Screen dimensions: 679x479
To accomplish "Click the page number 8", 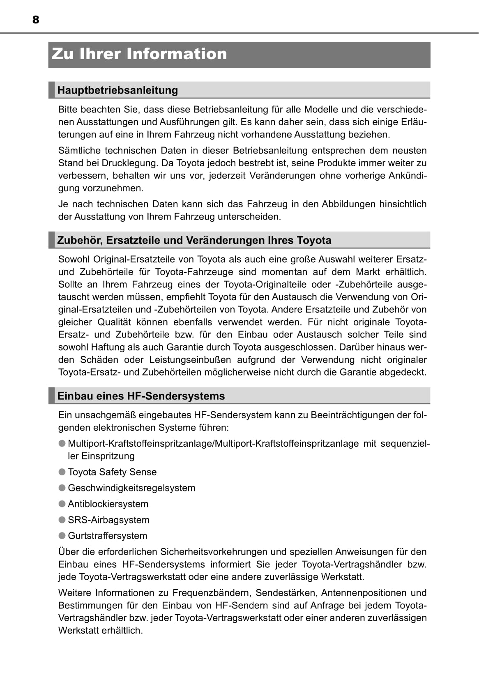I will (36, 20).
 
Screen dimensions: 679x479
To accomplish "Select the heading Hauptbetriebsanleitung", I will (117, 90).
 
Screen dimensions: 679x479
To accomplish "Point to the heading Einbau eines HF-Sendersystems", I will (141, 396).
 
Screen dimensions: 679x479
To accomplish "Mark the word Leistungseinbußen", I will (190, 360).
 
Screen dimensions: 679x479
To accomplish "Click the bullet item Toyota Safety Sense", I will (112, 472).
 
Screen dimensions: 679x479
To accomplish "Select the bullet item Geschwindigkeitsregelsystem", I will (131, 488).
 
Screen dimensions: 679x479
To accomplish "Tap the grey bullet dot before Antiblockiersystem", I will (62, 504).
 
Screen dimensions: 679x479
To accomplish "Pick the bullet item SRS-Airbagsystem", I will (108, 520).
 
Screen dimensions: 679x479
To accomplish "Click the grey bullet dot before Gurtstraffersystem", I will (62, 536).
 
